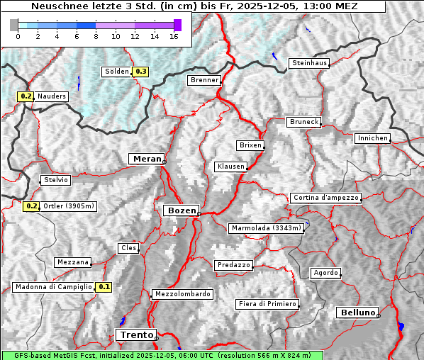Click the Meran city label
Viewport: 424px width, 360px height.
(x=146, y=159)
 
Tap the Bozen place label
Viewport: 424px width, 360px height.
(x=180, y=210)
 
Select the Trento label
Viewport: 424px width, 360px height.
(x=136, y=334)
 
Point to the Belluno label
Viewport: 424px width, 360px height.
(x=357, y=312)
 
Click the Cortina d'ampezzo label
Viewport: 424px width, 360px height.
(x=325, y=198)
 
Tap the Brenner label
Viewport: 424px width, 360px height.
(x=204, y=80)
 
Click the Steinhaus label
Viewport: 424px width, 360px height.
(x=310, y=63)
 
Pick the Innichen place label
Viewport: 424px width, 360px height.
(x=372, y=138)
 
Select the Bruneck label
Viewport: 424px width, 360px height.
(x=303, y=122)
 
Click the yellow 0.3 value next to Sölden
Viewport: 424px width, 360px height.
(x=140, y=72)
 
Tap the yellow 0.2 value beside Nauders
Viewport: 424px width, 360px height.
(x=26, y=96)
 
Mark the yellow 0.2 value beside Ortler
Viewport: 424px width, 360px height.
(x=31, y=206)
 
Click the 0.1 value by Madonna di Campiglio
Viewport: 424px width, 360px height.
(x=104, y=287)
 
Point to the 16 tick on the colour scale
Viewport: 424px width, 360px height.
(x=174, y=36)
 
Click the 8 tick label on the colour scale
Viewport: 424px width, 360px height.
(x=96, y=36)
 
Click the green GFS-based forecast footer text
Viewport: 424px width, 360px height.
(x=162, y=355)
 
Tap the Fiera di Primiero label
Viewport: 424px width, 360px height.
(x=267, y=304)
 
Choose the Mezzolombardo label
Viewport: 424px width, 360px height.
(x=182, y=294)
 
